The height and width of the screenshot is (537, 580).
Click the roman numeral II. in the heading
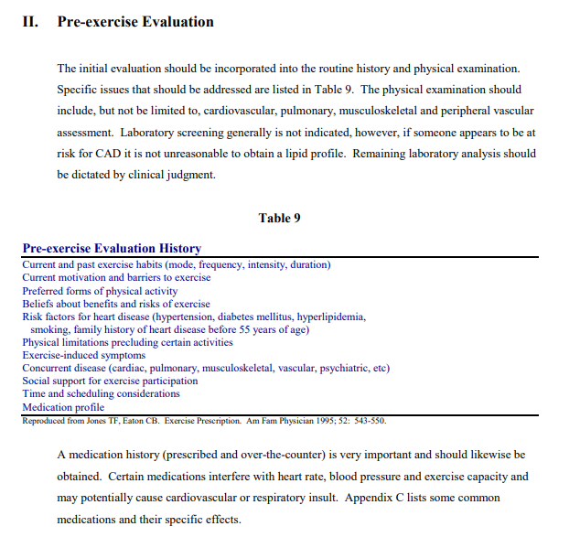click(29, 21)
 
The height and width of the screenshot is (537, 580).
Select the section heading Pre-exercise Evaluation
click(135, 21)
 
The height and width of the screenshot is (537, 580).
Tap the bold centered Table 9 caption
click(279, 218)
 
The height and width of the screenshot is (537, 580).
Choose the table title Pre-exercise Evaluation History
click(112, 249)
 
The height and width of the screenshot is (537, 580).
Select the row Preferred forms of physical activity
click(100, 291)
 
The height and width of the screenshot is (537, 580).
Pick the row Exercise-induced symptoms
click(83, 355)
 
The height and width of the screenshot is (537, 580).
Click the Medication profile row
click(63, 407)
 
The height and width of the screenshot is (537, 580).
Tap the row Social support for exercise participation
click(110, 381)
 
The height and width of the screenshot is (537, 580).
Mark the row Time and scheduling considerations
click(101, 393)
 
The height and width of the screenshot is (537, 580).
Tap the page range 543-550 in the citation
click(369, 421)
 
